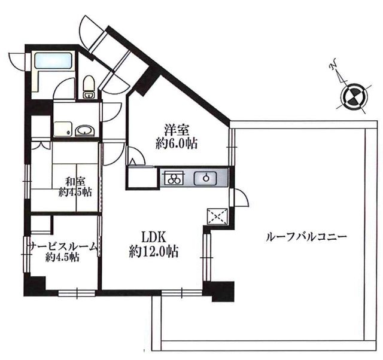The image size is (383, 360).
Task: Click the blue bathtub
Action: (x=53, y=61)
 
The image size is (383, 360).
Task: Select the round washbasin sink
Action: (x=84, y=130)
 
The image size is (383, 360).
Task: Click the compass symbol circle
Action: (x=355, y=96)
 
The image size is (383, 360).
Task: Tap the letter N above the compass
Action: (x=334, y=64)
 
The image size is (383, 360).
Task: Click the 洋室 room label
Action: (x=177, y=130)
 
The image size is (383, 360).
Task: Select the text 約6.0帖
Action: (x=177, y=144)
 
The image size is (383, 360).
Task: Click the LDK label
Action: (x=154, y=236)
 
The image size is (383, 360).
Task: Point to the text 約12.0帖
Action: (x=154, y=251)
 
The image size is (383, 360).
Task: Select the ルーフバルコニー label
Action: (x=306, y=237)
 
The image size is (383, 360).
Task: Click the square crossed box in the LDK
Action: (x=217, y=216)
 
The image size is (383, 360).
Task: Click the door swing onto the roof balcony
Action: (x=241, y=197)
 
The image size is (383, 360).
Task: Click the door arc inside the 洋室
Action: (x=136, y=156)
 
